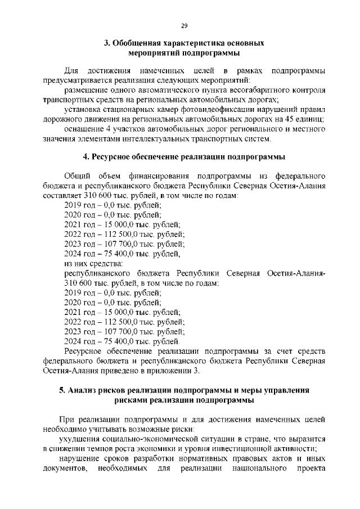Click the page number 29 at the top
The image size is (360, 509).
click(184, 25)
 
